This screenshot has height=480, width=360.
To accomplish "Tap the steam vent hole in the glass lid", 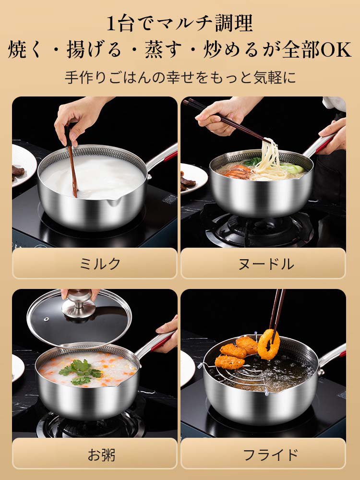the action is (x=46, y=319).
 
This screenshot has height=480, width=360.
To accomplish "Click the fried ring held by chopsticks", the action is (x=268, y=344).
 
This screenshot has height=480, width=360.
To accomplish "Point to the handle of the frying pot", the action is (x=332, y=356).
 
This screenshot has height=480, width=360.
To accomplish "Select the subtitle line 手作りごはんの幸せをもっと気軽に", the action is (x=180, y=78).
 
